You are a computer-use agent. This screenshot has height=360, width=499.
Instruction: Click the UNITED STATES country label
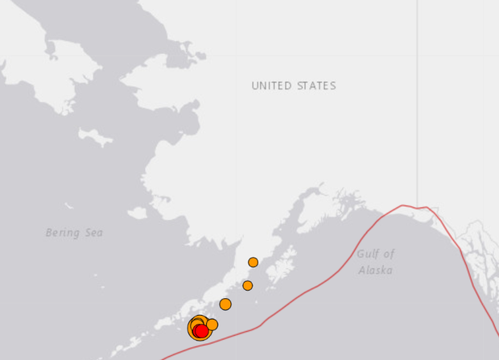point(293,86)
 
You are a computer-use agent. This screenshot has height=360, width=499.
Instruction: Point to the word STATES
point(316,86)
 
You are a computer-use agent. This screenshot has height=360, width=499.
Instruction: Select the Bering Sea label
point(74,233)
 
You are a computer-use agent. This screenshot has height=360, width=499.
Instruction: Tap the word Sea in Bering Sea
point(93,233)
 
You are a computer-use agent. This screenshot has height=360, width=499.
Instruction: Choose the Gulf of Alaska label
point(375,262)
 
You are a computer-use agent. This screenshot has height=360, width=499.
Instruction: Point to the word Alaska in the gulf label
point(375,271)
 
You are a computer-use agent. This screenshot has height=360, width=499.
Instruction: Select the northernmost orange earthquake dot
point(253,262)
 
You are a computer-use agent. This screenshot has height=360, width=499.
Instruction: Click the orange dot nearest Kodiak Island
point(247,285)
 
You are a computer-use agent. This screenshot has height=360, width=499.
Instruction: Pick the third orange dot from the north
point(225,304)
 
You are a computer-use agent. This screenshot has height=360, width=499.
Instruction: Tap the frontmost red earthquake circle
point(201,330)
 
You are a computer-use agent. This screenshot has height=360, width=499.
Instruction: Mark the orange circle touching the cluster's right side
point(212,325)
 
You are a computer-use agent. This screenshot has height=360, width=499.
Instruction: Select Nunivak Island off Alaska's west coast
point(137,213)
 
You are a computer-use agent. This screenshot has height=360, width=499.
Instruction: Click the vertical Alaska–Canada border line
point(417,105)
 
